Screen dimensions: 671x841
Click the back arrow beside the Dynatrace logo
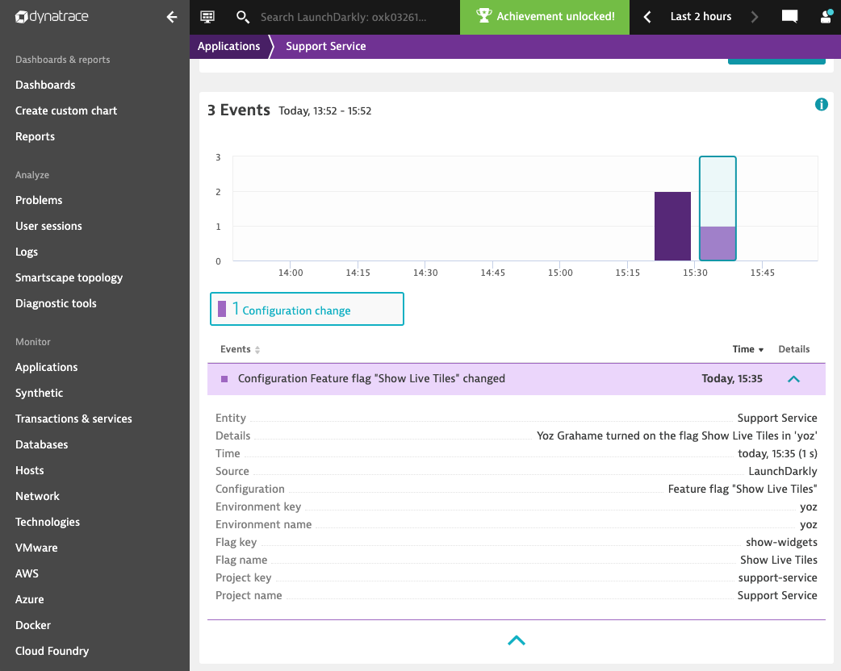click(x=171, y=17)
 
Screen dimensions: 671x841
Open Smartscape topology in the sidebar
click(x=69, y=277)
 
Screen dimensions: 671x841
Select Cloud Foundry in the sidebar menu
click(x=52, y=651)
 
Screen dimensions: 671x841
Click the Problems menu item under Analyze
click(x=39, y=200)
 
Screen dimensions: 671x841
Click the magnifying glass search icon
click(x=242, y=17)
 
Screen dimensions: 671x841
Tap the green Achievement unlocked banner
click(x=545, y=17)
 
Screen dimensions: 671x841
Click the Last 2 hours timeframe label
click(x=701, y=17)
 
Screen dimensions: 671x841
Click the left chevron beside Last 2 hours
click(x=647, y=17)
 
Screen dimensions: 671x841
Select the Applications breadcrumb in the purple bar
click(x=228, y=46)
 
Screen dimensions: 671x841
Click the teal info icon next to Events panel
click(x=821, y=104)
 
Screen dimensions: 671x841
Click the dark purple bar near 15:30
click(x=672, y=226)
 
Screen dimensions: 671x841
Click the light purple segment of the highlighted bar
click(x=718, y=244)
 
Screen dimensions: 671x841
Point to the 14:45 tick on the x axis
click(x=492, y=273)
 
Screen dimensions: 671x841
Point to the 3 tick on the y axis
click(x=218, y=157)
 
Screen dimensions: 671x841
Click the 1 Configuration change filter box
click(x=307, y=310)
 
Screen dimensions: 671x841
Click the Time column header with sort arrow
click(x=747, y=349)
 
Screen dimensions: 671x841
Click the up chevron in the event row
click(x=793, y=378)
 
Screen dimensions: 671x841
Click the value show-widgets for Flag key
click(x=781, y=542)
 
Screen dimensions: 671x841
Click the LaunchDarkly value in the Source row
click(x=782, y=471)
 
